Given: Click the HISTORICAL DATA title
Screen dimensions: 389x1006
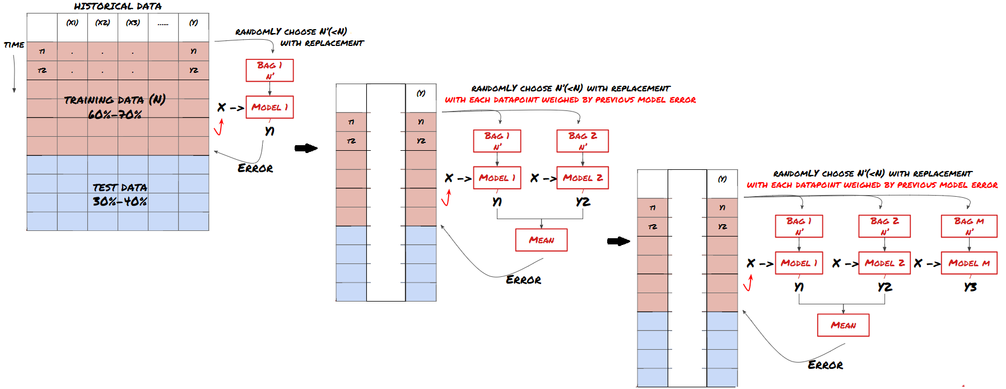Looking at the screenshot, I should (x=118, y=6).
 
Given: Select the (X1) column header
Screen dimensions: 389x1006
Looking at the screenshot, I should (x=72, y=23).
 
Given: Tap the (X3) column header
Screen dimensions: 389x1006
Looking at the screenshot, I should (x=133, y=23).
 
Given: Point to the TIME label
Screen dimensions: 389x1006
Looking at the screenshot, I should (x=14, y=45).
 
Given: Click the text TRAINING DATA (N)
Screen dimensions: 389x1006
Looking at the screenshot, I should (x=114, y=100).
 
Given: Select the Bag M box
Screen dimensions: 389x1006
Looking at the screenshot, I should (x=968, y=226).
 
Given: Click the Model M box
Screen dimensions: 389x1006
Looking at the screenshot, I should (x=968, y=263).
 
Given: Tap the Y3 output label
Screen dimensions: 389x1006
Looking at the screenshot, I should (x=970, y=287).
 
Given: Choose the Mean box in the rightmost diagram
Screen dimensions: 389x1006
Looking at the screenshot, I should (x=843, y=325).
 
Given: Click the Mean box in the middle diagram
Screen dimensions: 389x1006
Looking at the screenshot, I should (x=541, y=240).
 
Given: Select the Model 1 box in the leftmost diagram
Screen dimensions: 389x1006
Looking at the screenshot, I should (x=269, y=107).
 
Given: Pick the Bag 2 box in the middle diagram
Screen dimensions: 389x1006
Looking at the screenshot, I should (x=583, y=141).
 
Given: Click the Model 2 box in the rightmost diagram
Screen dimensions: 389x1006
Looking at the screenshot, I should (x=884, y=263).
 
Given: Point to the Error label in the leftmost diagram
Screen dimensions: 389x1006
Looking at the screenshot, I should (x=255, y=168).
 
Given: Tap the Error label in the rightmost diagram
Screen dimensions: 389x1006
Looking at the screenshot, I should (x=825, y=365).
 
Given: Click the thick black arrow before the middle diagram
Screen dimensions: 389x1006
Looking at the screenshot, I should (x=306, y=148).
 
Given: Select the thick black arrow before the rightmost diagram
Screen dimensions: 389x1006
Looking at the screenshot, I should (x=618, y=242).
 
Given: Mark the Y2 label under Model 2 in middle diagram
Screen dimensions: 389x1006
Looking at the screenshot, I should (x=583, y=202).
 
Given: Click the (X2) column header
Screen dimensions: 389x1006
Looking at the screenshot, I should (x=103, y=23).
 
